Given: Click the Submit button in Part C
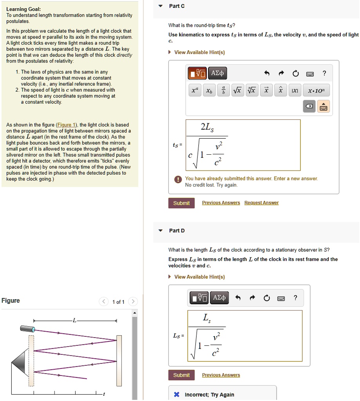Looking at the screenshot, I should tap(181, 203).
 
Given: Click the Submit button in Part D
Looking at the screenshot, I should tap(181, 375).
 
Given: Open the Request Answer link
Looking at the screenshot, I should tap(261, 203).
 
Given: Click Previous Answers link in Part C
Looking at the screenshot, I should tap(221, 203).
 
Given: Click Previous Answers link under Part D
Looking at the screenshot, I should tap(221, 375).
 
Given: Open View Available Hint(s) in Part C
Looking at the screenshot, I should tap(199, 52).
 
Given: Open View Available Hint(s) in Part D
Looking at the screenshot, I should tap(199, 277).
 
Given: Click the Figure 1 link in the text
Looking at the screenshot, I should tap(67, 125).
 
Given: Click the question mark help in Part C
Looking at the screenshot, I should tap(324, 73).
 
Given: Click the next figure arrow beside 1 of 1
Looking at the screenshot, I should tap(133, 302).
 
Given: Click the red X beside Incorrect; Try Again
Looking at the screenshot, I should tap(177, 394).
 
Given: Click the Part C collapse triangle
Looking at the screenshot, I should tap(160, 6).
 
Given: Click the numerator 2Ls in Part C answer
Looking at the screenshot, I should tap(207, 127).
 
